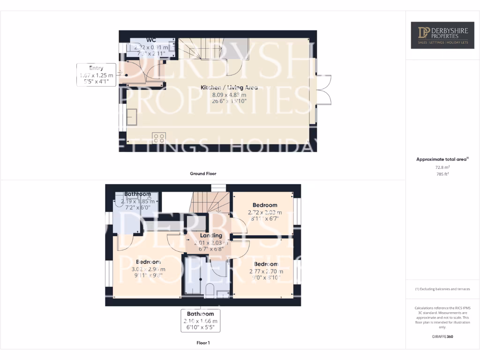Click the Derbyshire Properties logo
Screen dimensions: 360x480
[x=442, y=35]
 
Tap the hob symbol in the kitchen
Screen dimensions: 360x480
[x=159, y=138]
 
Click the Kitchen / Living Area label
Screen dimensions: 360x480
[x=229, y=88]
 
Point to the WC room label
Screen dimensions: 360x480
[x=151, y=40]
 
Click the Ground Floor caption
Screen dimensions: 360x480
[x=203, y=173]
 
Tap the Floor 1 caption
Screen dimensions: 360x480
[x=203, y=343]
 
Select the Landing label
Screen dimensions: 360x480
[x=211, y=235]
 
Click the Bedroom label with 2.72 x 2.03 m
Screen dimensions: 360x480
[x=265, y=205]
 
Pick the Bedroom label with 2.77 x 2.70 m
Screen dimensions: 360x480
[x=266, y=264]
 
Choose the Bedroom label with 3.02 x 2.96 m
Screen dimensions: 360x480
[x=148, y=262]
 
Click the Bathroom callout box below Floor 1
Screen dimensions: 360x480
[x=200, y=321]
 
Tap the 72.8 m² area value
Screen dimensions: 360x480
[x=442, y=167]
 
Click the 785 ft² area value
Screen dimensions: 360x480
[x=442, y=174]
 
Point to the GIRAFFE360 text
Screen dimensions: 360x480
[x=442, y=337]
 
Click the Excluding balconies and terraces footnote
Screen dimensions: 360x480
[x=442, y=289]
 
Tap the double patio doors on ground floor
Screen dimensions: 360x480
[x=323, y=90]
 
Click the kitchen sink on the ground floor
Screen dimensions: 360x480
[x=131, y=116]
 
